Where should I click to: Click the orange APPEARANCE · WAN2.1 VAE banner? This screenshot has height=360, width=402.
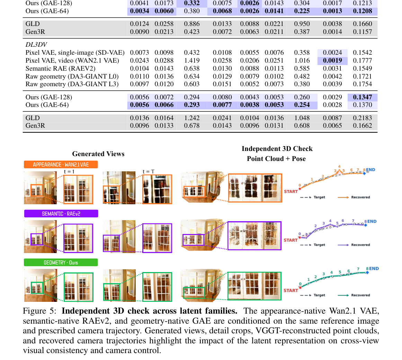[61, 164]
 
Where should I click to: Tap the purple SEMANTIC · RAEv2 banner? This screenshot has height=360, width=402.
[61, 214]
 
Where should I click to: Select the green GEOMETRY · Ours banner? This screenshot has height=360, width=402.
[61, 262]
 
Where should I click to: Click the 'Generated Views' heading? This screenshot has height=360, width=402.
[98, 154]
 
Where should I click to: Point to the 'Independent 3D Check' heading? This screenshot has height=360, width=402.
[277, 149]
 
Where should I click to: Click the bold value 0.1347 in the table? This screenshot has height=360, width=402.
[362, 97]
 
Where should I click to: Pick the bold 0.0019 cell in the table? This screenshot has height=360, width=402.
[332, 61]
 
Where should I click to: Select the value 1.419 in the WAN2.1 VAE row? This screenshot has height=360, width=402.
[192, 61]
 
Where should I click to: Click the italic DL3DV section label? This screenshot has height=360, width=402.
[36, 45]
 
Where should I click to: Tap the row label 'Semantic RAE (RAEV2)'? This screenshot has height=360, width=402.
[60, 69]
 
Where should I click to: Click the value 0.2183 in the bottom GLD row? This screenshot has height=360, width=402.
[362, 118]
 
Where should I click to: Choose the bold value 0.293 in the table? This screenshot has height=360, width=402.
[192, 105]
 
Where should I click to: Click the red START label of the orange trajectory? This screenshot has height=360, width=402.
[291, 191]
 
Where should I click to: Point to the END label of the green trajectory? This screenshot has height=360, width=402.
[374, 269]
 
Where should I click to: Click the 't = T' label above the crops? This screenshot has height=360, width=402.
[149, 171]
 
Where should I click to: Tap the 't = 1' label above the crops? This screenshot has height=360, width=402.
[69, 171]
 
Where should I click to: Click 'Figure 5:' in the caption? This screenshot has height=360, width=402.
[39, 311]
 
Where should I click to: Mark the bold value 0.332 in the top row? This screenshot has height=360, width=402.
[192, 3]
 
